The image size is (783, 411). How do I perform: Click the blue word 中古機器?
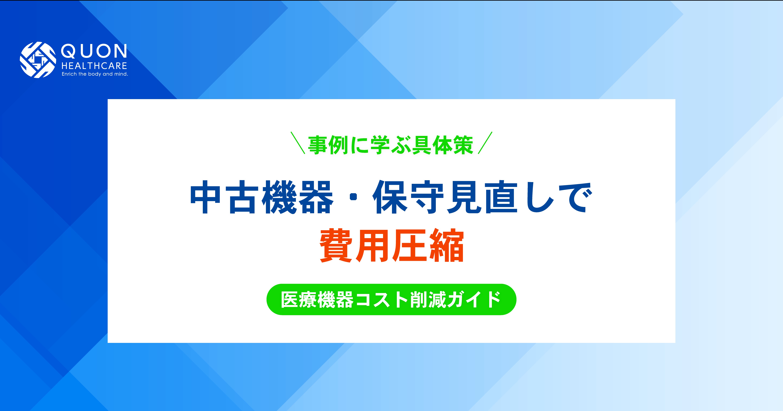pos(261,197)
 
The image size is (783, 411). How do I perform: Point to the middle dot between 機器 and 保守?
pos(353,197)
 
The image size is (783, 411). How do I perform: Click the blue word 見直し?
pos(502,197)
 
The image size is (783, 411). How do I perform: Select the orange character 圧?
pos(410,246)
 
